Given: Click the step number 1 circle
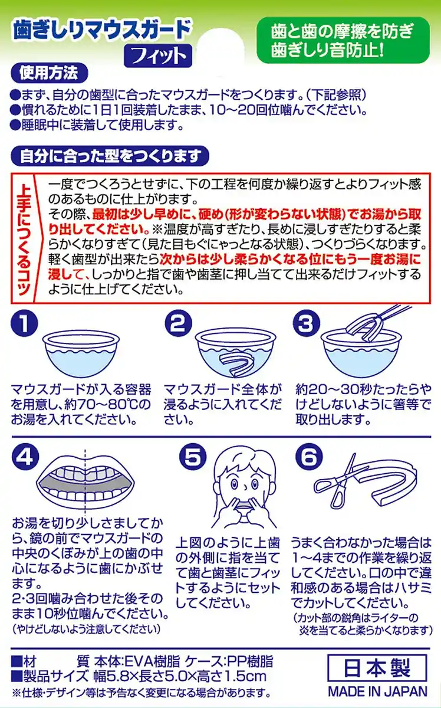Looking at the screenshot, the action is tap(24, 323).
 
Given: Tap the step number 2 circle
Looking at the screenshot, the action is tap(179, 323).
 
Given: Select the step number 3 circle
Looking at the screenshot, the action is tap(307, 323).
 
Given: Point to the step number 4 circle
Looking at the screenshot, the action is tap(25, 457).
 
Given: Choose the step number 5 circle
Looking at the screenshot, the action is tap(193, 457).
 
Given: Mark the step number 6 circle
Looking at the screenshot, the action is tap(309, 457).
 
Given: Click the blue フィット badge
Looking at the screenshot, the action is tap(158, 56).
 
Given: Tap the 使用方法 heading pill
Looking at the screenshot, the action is tap(49, 74).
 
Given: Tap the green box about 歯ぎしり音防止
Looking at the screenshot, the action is tap(343, 40).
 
